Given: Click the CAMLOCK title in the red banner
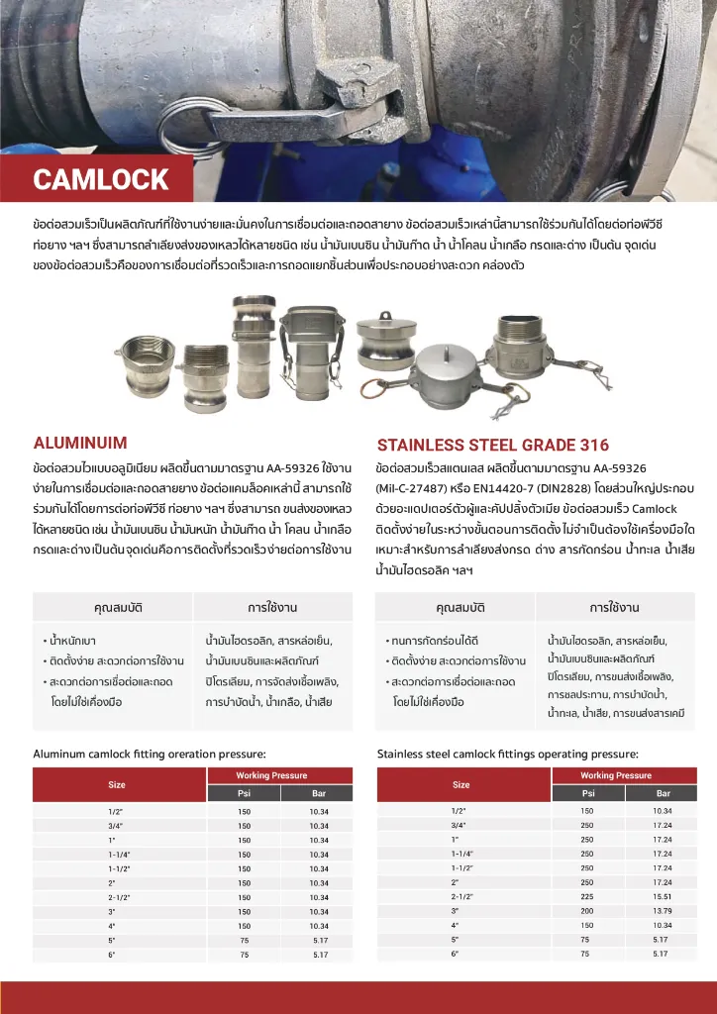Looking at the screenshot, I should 101,180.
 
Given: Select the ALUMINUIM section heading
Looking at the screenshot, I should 80,443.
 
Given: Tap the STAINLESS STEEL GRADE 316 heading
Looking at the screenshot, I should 492,446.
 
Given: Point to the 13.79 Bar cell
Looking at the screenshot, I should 663,910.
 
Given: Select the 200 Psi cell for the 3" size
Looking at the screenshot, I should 587,910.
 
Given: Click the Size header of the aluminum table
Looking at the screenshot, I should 117,784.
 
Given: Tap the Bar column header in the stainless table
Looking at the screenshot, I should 663,792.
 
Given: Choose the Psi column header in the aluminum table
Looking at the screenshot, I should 245,793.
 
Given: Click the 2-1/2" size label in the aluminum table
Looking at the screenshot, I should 119,897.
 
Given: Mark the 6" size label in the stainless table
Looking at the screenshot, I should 456,953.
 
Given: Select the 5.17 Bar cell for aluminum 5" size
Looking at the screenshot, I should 320,940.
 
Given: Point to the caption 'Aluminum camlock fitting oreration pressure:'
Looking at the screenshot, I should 149,754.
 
